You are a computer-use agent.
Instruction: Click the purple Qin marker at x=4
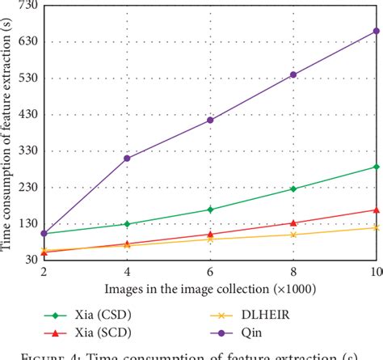(127, 159)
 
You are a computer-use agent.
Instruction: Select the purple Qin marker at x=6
(210, 120)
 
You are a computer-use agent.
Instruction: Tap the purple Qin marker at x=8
(293, 74)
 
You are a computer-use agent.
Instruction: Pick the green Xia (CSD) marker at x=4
(127, 224)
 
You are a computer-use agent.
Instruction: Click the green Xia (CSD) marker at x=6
(210, 210)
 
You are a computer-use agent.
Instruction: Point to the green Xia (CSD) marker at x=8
(293, 188)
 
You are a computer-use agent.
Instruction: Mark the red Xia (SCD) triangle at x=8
(293, 222)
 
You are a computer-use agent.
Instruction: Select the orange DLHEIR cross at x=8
(293, 235)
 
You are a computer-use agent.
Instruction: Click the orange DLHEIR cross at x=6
(210, 239)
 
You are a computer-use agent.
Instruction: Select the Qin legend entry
(242, 332)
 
